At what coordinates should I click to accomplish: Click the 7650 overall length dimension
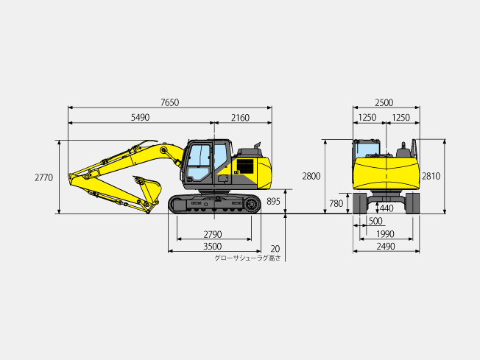[x=170, y=102]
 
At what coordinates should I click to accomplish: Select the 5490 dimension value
[x=140, y=118]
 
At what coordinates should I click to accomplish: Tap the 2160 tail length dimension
[x=240, y=118]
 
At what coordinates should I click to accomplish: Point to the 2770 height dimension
[x=43, y=177]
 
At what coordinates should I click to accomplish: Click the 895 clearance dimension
[x=273, y=202]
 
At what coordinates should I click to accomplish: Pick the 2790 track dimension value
[x=213, y=235]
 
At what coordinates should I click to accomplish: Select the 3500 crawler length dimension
[x=213, y=247]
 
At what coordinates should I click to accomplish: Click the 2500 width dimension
[x=384, y=103]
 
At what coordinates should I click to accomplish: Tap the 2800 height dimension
[x=311, y=177]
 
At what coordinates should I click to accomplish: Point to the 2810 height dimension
[x=431, y=177]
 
